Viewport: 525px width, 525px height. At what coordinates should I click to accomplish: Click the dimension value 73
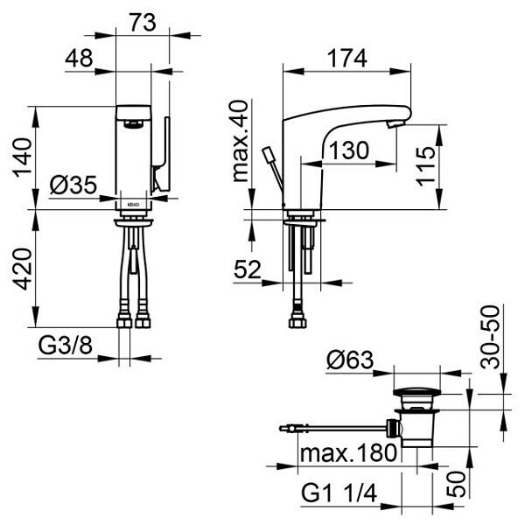click(x=143, y=23)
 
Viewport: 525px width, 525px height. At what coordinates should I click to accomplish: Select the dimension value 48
click(x=79, y=59)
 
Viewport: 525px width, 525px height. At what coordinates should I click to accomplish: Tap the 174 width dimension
click(x=346, y=59)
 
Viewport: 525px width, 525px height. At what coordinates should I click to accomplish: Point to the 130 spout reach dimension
click(x=349, y=150)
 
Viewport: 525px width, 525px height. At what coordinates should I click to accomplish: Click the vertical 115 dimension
click(x=426, y=166)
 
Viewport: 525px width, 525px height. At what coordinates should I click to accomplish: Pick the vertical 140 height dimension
click(x=22, y=157)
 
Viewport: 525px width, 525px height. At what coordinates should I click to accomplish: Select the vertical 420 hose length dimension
click(x=22, y=269)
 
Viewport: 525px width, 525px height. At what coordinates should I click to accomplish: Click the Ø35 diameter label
click(x=73, y=185)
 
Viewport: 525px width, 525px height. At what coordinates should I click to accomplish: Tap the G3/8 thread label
click(x=65, y=346)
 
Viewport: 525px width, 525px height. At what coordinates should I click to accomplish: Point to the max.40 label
click(x=241, y=141)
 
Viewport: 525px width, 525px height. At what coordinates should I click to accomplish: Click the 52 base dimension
click(x=248, y=269)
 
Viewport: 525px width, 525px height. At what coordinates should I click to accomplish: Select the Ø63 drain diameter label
click(x=350, y=360)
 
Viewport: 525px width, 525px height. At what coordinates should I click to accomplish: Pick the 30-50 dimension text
click(x=489, y=337)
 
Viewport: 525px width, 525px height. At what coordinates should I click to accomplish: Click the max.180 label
click(x=348, y=453)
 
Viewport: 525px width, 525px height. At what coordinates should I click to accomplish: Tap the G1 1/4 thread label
click(x=339, y=493)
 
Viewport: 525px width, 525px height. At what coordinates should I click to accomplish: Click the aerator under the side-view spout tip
click(x=395, y=125)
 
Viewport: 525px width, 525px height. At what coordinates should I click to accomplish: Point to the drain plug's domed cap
click(x=416, y=392)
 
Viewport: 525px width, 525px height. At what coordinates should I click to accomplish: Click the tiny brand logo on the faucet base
click(x=133, y=204)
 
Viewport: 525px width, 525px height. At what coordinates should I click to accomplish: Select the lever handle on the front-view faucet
click(x=161, y=154)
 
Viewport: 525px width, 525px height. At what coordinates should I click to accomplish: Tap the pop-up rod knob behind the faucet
click(x=269, y=154)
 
